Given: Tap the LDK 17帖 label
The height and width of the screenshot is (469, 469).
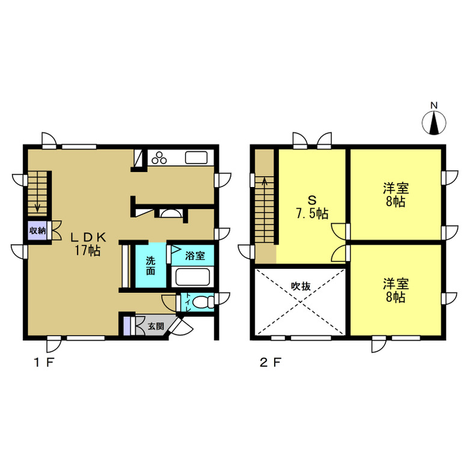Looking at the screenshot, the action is (88, 244).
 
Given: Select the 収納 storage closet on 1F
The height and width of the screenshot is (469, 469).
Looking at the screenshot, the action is (37, 231).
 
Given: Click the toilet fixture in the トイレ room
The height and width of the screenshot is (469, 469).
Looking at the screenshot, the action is (203, 302).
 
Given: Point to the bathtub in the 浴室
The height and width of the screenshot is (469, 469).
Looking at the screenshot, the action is (192, 277).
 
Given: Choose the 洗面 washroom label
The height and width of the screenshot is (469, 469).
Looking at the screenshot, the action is (150, 266).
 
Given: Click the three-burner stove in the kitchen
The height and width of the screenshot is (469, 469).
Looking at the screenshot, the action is (159, 158).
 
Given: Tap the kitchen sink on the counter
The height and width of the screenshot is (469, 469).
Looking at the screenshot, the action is (196, 158).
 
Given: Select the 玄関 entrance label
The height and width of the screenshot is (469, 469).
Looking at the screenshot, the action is (156, 326).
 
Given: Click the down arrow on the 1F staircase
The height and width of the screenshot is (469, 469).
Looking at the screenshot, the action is (38, 207).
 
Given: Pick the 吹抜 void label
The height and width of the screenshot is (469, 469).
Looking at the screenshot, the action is (301, 286).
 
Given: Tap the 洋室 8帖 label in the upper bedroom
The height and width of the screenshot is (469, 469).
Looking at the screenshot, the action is (396, 195).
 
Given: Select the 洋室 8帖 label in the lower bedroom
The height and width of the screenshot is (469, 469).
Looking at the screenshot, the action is (396, 290).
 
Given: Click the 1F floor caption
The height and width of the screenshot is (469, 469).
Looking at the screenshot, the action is (44, 363).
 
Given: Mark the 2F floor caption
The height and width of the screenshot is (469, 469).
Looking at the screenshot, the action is (271, 363).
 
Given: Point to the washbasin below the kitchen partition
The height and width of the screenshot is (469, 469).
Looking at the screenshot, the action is (171, 213).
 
